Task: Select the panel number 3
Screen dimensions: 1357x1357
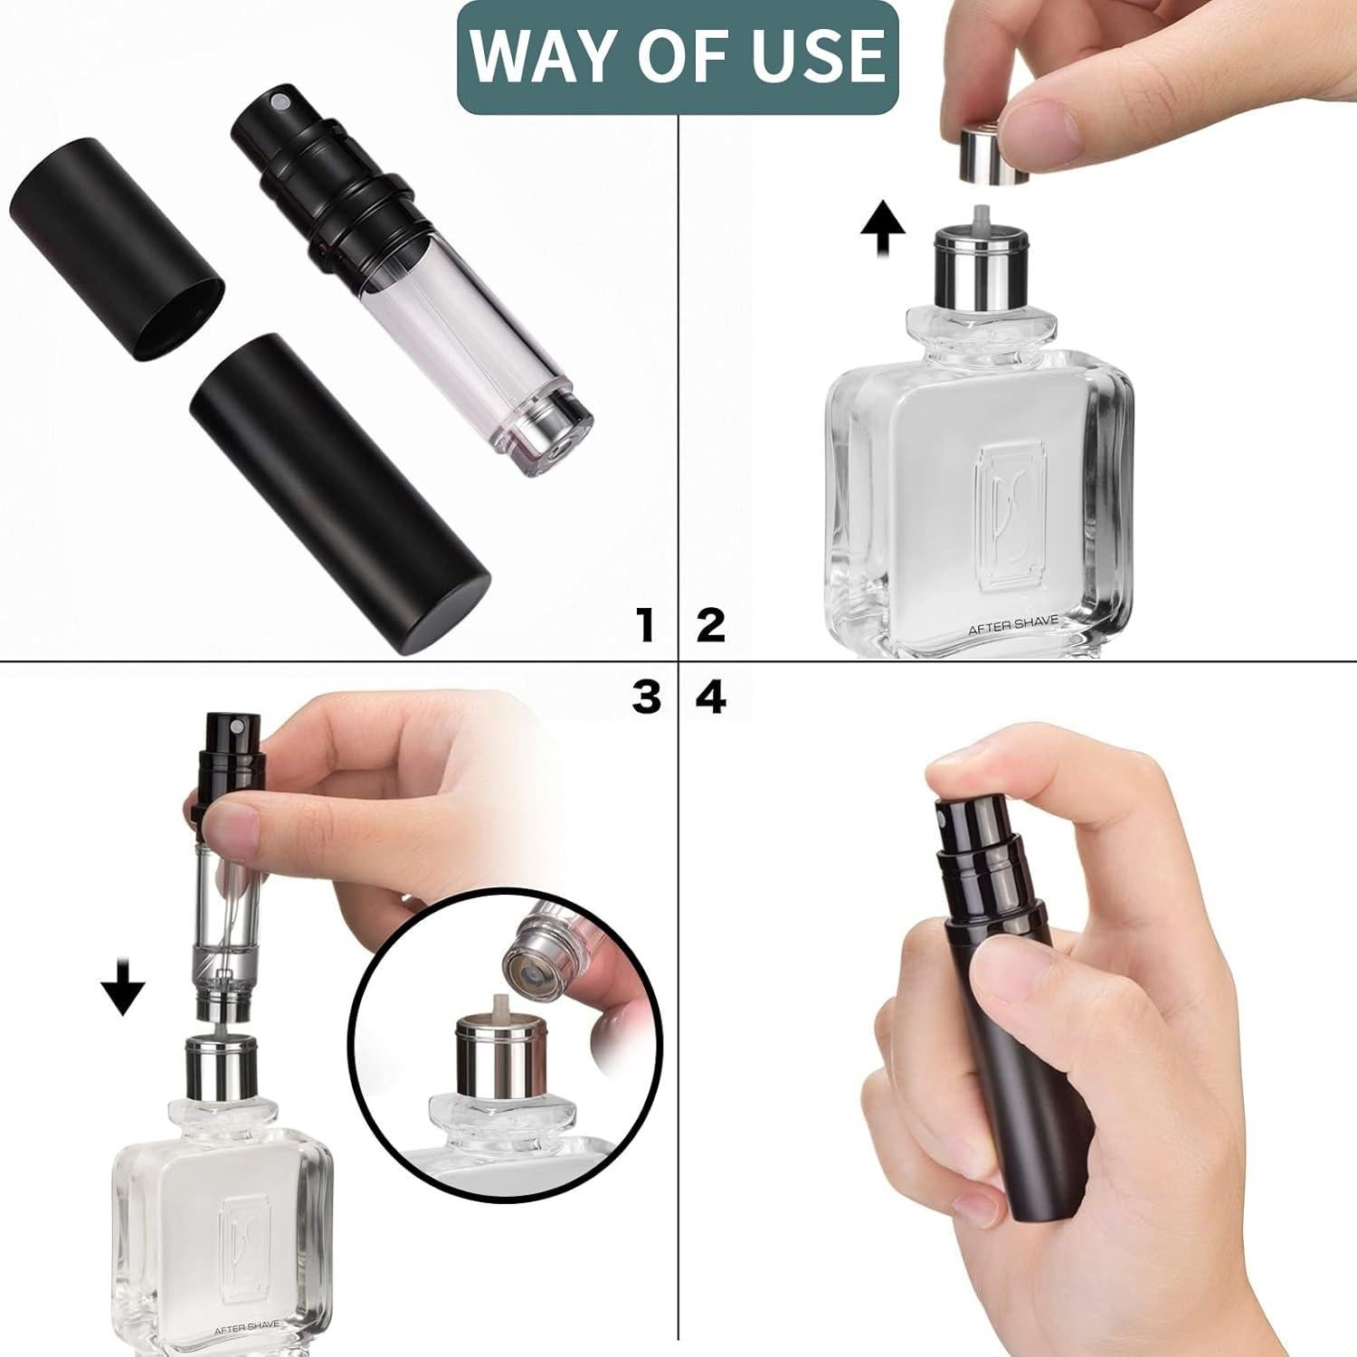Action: [x=646, y=697]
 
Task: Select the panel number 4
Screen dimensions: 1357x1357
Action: [x=712, y=697]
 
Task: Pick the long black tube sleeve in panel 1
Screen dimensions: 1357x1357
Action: [x=339, y=491]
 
